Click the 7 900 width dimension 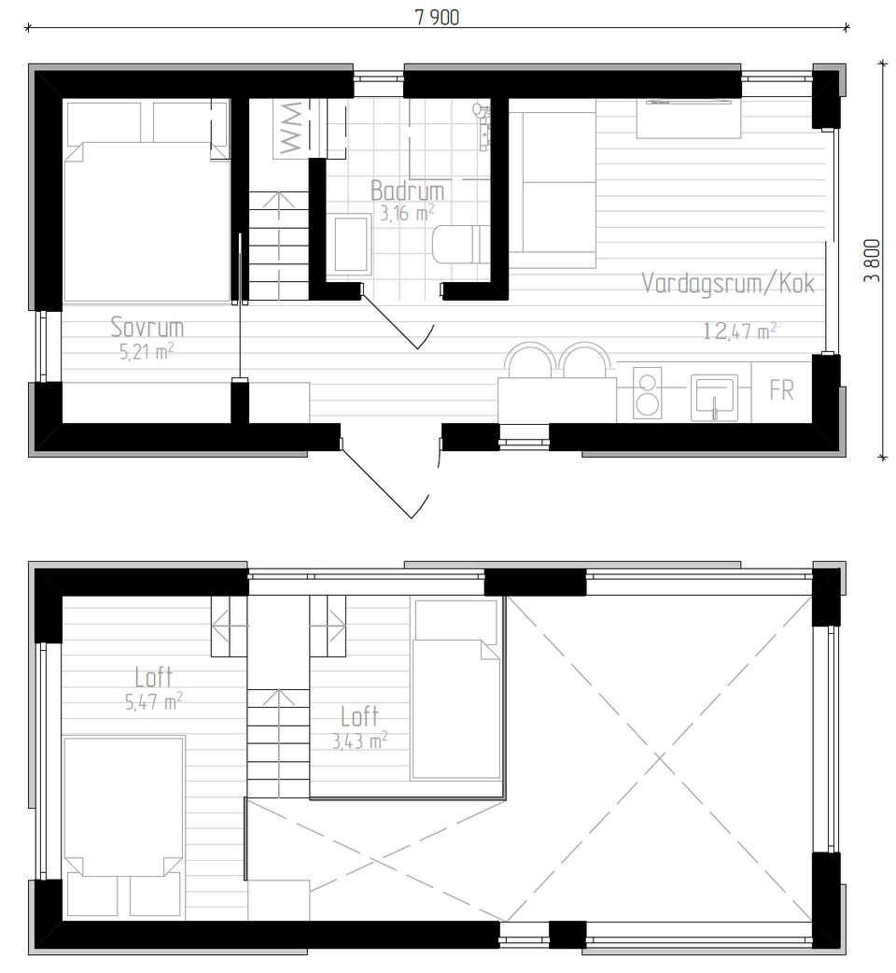[437, 18]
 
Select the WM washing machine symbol [290, 129]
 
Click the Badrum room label [407, 190]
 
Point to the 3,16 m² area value [407, 213]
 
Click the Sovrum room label [147, 327]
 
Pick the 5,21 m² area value [147, 351]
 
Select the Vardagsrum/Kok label [727, 283]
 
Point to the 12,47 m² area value [740, 331]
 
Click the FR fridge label [781, 390]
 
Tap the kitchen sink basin [714, 397]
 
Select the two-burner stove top [648, 393]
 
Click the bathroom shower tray [352, 244]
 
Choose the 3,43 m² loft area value [359, 740]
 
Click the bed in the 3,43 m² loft [455, 689]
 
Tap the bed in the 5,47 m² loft [124, 826]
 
